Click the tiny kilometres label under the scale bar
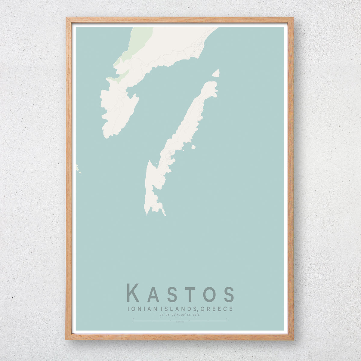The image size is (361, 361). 180,322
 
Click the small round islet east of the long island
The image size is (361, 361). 193,147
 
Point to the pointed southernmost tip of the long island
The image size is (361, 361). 147,214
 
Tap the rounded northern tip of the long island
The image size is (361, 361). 212,84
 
